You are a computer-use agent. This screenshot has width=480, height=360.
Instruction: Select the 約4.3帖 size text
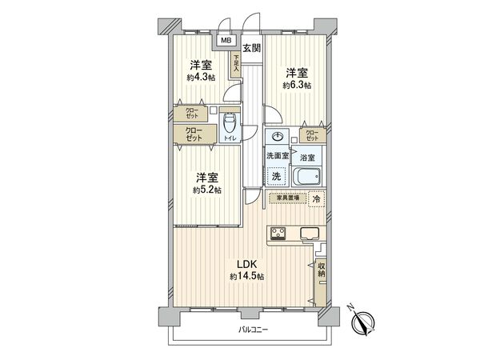coord(199,78)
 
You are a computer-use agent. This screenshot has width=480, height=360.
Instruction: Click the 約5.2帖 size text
coord(206,190)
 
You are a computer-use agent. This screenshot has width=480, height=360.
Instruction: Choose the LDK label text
coord(246,266)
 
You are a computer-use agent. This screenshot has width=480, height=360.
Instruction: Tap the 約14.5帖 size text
coord(246,277)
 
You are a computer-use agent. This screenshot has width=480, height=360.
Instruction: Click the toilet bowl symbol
coord(230,122)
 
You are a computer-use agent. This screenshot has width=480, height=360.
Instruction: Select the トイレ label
coord(230,139)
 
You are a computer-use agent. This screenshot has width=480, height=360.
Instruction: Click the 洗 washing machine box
coord(275,176)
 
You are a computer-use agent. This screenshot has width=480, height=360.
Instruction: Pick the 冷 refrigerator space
coord(316,198)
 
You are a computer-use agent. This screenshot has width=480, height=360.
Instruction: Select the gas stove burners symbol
coord(278,234)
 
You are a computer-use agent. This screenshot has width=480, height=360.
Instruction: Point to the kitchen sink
coord(310,234)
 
